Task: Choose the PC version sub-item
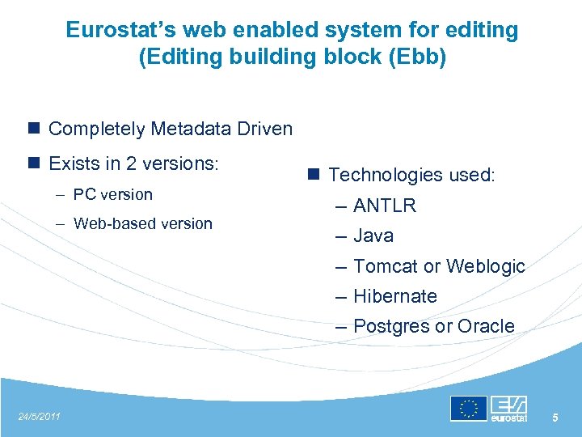tap(112, 194)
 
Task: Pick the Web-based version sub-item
tap(142, 223)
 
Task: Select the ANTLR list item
tap(384, 206)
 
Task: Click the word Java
tap(373, 235)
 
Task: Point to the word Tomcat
tap(386, 266)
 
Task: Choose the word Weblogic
tap(485, 266)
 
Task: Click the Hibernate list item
tap(394, 296)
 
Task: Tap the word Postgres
tap(391, 326)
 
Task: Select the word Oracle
tap(486, 326)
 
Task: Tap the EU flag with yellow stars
tap(469, 409)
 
